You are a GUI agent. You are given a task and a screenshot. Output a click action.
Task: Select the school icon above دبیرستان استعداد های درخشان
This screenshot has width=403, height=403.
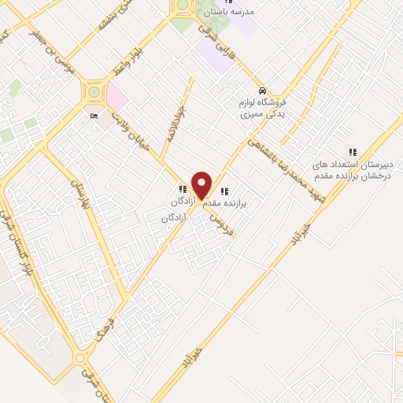tap(353, 152)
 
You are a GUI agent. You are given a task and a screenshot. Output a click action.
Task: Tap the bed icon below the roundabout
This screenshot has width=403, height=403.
tap(94, 116)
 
